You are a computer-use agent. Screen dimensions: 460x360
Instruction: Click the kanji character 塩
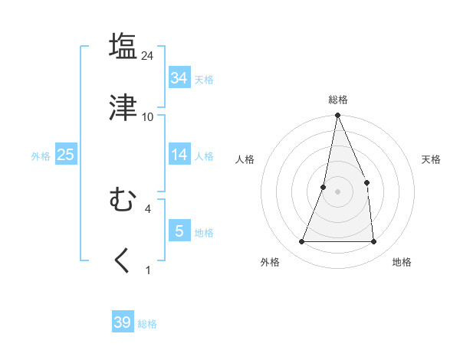(x=123, y=46)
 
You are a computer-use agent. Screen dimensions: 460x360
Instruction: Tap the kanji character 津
(x=123, y=107)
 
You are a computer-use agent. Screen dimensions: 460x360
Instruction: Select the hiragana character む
(x=123, y=201)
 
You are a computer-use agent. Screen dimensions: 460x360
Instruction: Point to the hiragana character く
(x=123, y=260)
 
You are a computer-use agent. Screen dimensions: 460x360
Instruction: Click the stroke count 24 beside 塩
(x=148, y=56)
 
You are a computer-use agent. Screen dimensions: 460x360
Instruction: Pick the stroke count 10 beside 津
(x=148, y=117)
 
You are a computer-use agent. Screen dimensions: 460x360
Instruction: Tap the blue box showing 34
(x=179, y=78)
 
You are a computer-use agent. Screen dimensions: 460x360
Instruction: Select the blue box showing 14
(x=179, y=155)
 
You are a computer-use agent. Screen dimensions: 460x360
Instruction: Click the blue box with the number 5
(x=179, y=231)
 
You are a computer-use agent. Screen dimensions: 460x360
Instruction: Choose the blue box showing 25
(x=66, y=155)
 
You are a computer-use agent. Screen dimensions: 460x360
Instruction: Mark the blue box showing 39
(x=123, y=322)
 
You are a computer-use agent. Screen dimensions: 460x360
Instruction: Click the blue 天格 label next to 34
(x=204, y=80)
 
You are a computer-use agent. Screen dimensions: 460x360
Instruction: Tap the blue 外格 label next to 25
(x=41, y=156)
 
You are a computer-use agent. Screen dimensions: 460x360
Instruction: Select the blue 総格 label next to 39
(x=147, y=324)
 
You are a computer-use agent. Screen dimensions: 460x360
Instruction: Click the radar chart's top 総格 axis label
(x=338, y=100)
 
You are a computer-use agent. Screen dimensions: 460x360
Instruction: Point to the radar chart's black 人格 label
(x=245, y=159)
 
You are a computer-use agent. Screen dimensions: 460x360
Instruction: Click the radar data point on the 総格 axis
(x=337, y=116)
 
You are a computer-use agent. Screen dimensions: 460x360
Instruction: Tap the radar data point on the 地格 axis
(x=373, y=241)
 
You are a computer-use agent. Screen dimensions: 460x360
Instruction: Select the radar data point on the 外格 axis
(x=302, y=241)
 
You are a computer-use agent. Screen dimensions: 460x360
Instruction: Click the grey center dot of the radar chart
(x=337, y=191)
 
